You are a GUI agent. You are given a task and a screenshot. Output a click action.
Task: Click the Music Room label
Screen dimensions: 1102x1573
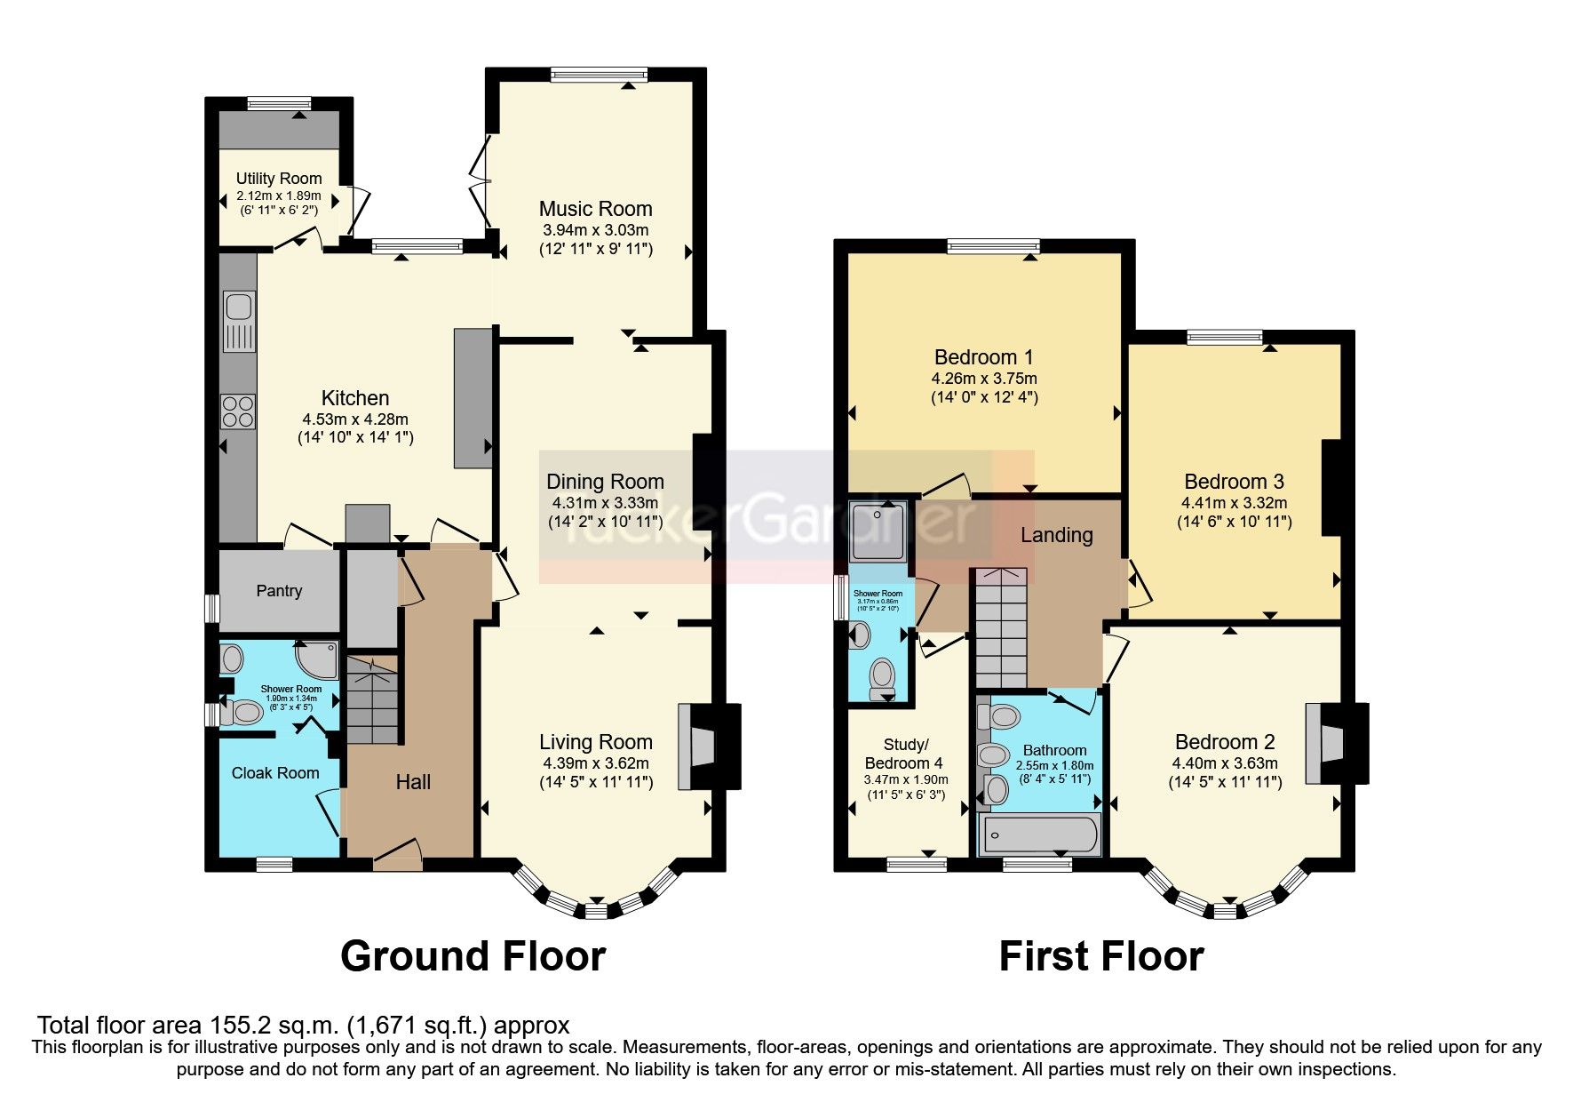coord(595,209)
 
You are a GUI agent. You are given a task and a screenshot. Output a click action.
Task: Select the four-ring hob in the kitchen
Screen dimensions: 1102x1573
coord(238,411)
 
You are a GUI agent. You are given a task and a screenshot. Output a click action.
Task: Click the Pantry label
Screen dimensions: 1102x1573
coord(279,591)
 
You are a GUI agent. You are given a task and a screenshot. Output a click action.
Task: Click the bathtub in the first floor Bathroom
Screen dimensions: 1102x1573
coord(1039,835)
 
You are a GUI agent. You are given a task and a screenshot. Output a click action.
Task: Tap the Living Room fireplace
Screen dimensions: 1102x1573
coord(698,747)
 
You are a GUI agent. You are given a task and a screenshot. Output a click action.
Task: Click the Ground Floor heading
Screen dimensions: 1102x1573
coord(473,956)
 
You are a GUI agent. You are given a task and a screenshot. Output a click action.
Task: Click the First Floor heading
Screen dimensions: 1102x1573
coord(1101,956)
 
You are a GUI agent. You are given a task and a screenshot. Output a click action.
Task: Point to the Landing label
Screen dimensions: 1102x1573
coord(1056,535)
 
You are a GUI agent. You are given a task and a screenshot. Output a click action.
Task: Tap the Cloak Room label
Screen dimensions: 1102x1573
coord(275,773)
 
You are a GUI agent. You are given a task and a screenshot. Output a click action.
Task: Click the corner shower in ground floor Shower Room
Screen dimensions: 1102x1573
coord(318,660)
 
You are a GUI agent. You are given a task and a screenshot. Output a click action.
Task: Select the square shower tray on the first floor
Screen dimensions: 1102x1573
coord(878,531)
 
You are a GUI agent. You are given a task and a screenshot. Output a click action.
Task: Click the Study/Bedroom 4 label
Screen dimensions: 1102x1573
coord(905,754)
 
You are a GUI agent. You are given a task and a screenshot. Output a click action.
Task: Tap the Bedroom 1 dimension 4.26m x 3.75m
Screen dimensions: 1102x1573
coord(984,378)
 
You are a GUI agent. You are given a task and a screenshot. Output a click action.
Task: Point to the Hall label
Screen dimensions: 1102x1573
coord(413,782)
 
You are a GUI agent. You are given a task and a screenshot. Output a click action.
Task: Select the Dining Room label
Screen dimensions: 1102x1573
coord(605,482)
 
